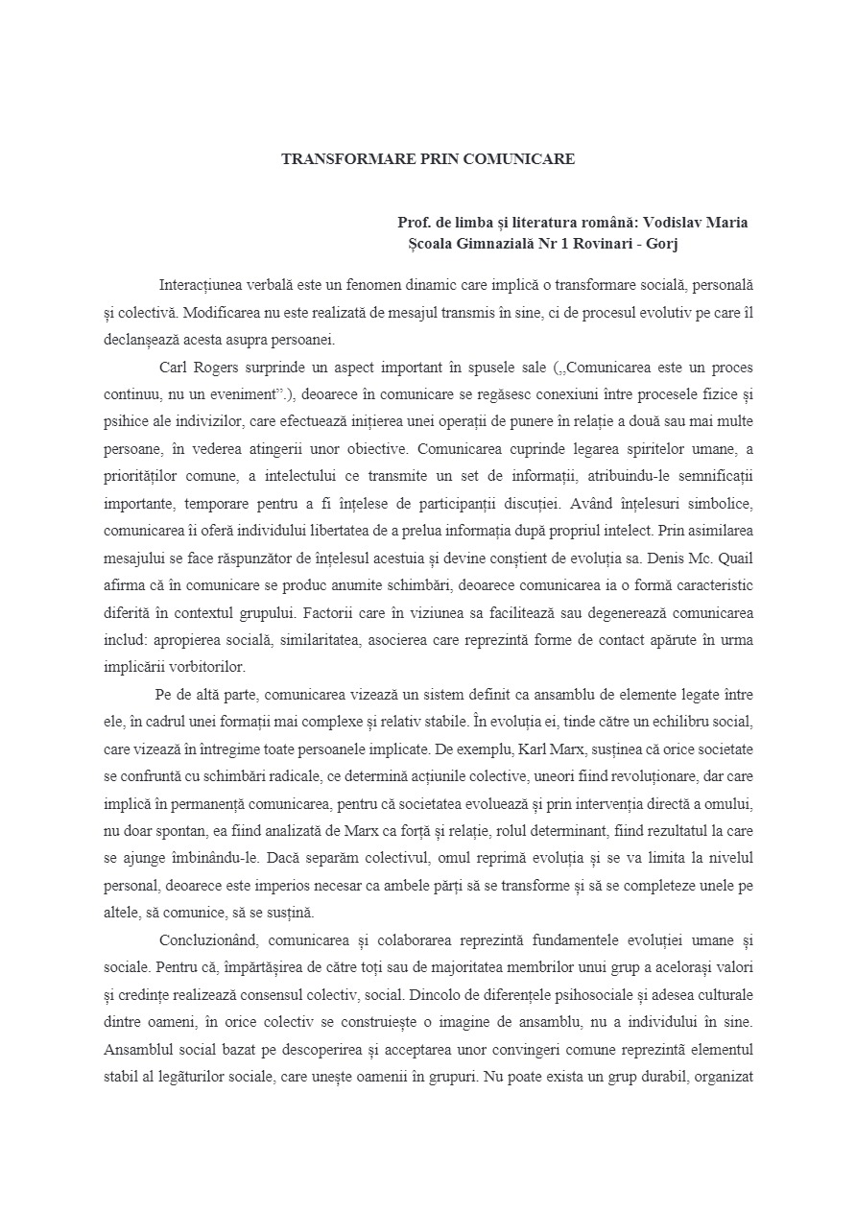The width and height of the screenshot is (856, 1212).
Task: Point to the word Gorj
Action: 660,244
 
